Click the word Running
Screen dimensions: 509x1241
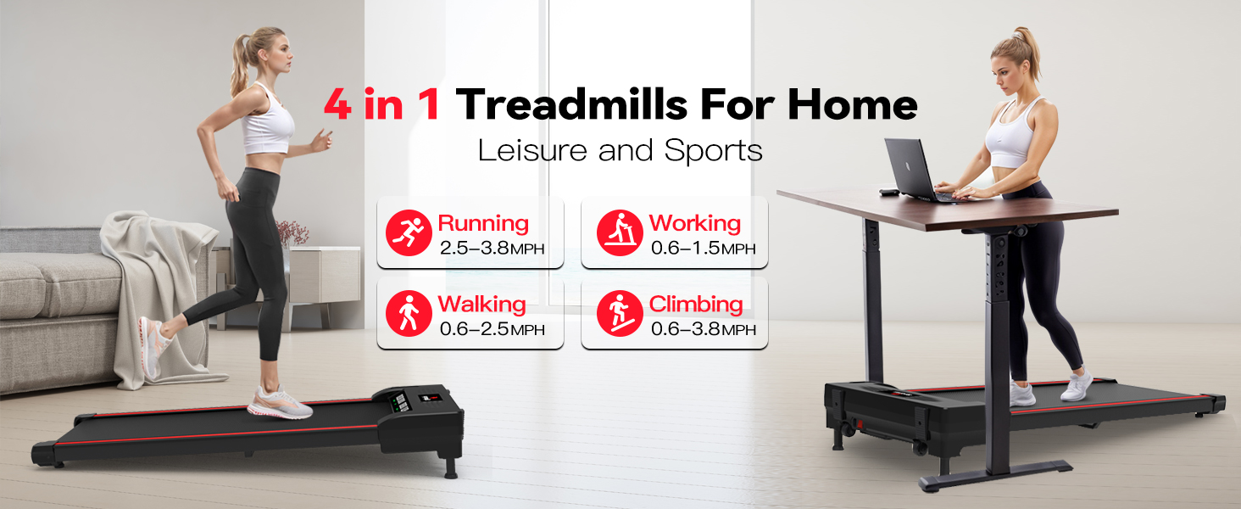tap(483, 224)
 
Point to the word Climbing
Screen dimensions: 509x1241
tap(695, 304)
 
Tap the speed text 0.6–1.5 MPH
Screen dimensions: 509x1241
tap(703, 249)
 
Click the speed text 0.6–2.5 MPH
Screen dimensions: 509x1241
tap(492, 329)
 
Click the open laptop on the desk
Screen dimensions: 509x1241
tap(911, 170)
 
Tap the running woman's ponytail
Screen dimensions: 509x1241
tap(241, 64)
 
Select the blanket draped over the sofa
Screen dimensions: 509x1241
tap(161, 280)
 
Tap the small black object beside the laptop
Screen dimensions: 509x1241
tap(887, 193)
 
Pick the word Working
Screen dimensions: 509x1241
tap(695, 224)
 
